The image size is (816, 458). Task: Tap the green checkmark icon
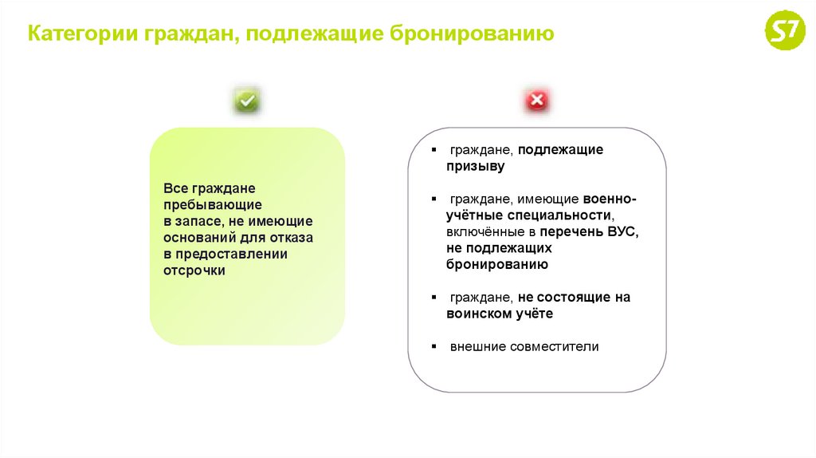[247, 101]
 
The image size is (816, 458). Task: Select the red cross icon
[536, 101]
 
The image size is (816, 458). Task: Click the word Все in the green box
[174, 188]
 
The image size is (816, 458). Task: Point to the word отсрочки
[195, 270]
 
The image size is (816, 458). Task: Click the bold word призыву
[475, 166]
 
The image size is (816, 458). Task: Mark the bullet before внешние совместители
[433, 347]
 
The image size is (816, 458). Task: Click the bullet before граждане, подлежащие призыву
[433, 150]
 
